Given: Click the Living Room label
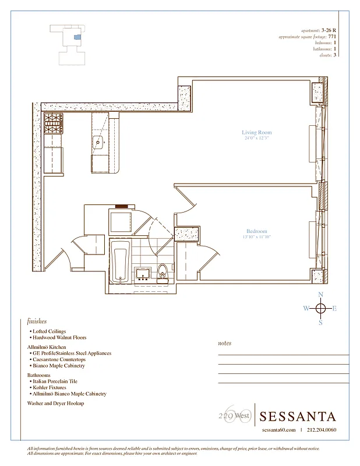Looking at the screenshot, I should (257, 133).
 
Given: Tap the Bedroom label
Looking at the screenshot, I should (257, 231).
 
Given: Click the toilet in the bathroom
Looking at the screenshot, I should (163, 272).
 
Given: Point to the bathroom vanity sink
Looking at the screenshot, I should (143, 273).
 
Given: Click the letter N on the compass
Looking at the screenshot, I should (320, 295).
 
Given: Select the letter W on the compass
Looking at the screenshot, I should (306, 309).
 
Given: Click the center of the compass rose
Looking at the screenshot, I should (320, 309).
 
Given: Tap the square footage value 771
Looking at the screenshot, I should (333, 36).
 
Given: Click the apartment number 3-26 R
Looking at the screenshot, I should (329, 29).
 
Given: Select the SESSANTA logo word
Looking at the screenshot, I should (298, 416).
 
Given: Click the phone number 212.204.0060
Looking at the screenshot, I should (321, 430).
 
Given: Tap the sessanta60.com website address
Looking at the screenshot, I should (278, 430).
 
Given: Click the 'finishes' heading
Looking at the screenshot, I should (37, 321).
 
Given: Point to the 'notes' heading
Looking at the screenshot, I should (224, 343).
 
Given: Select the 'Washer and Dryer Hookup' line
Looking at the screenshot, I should (55, 403).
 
